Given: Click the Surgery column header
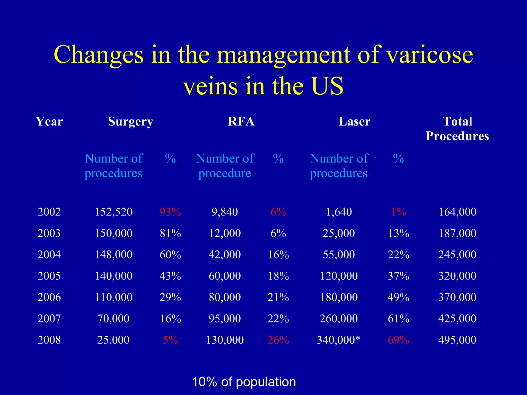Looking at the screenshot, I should click(130, 122).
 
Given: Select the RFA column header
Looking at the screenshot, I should click(241, 122).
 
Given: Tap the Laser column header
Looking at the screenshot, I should click(354, 122).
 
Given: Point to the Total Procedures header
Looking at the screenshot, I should click(457, 129).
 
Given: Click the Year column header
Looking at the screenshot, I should click(49, 122).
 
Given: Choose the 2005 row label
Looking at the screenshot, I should click(49, 276).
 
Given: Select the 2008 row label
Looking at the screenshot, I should click(49, 340).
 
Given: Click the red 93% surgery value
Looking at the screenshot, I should click(170, 212).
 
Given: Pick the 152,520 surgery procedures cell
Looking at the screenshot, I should click(113, 212).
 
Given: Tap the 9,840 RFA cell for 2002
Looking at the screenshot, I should click(225, 212).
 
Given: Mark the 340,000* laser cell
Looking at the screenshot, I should click(339, 340).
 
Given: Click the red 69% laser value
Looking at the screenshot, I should click(398, 340).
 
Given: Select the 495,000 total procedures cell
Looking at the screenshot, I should click(457, 340).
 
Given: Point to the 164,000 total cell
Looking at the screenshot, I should click(457, 212).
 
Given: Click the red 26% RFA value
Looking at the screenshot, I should click(278, 340).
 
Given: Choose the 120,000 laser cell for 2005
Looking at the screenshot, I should click(339, 276).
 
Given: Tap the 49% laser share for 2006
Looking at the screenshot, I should click(398, 297).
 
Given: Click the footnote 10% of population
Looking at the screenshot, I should click(244, 382).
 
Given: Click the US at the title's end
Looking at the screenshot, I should click(327, 86).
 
